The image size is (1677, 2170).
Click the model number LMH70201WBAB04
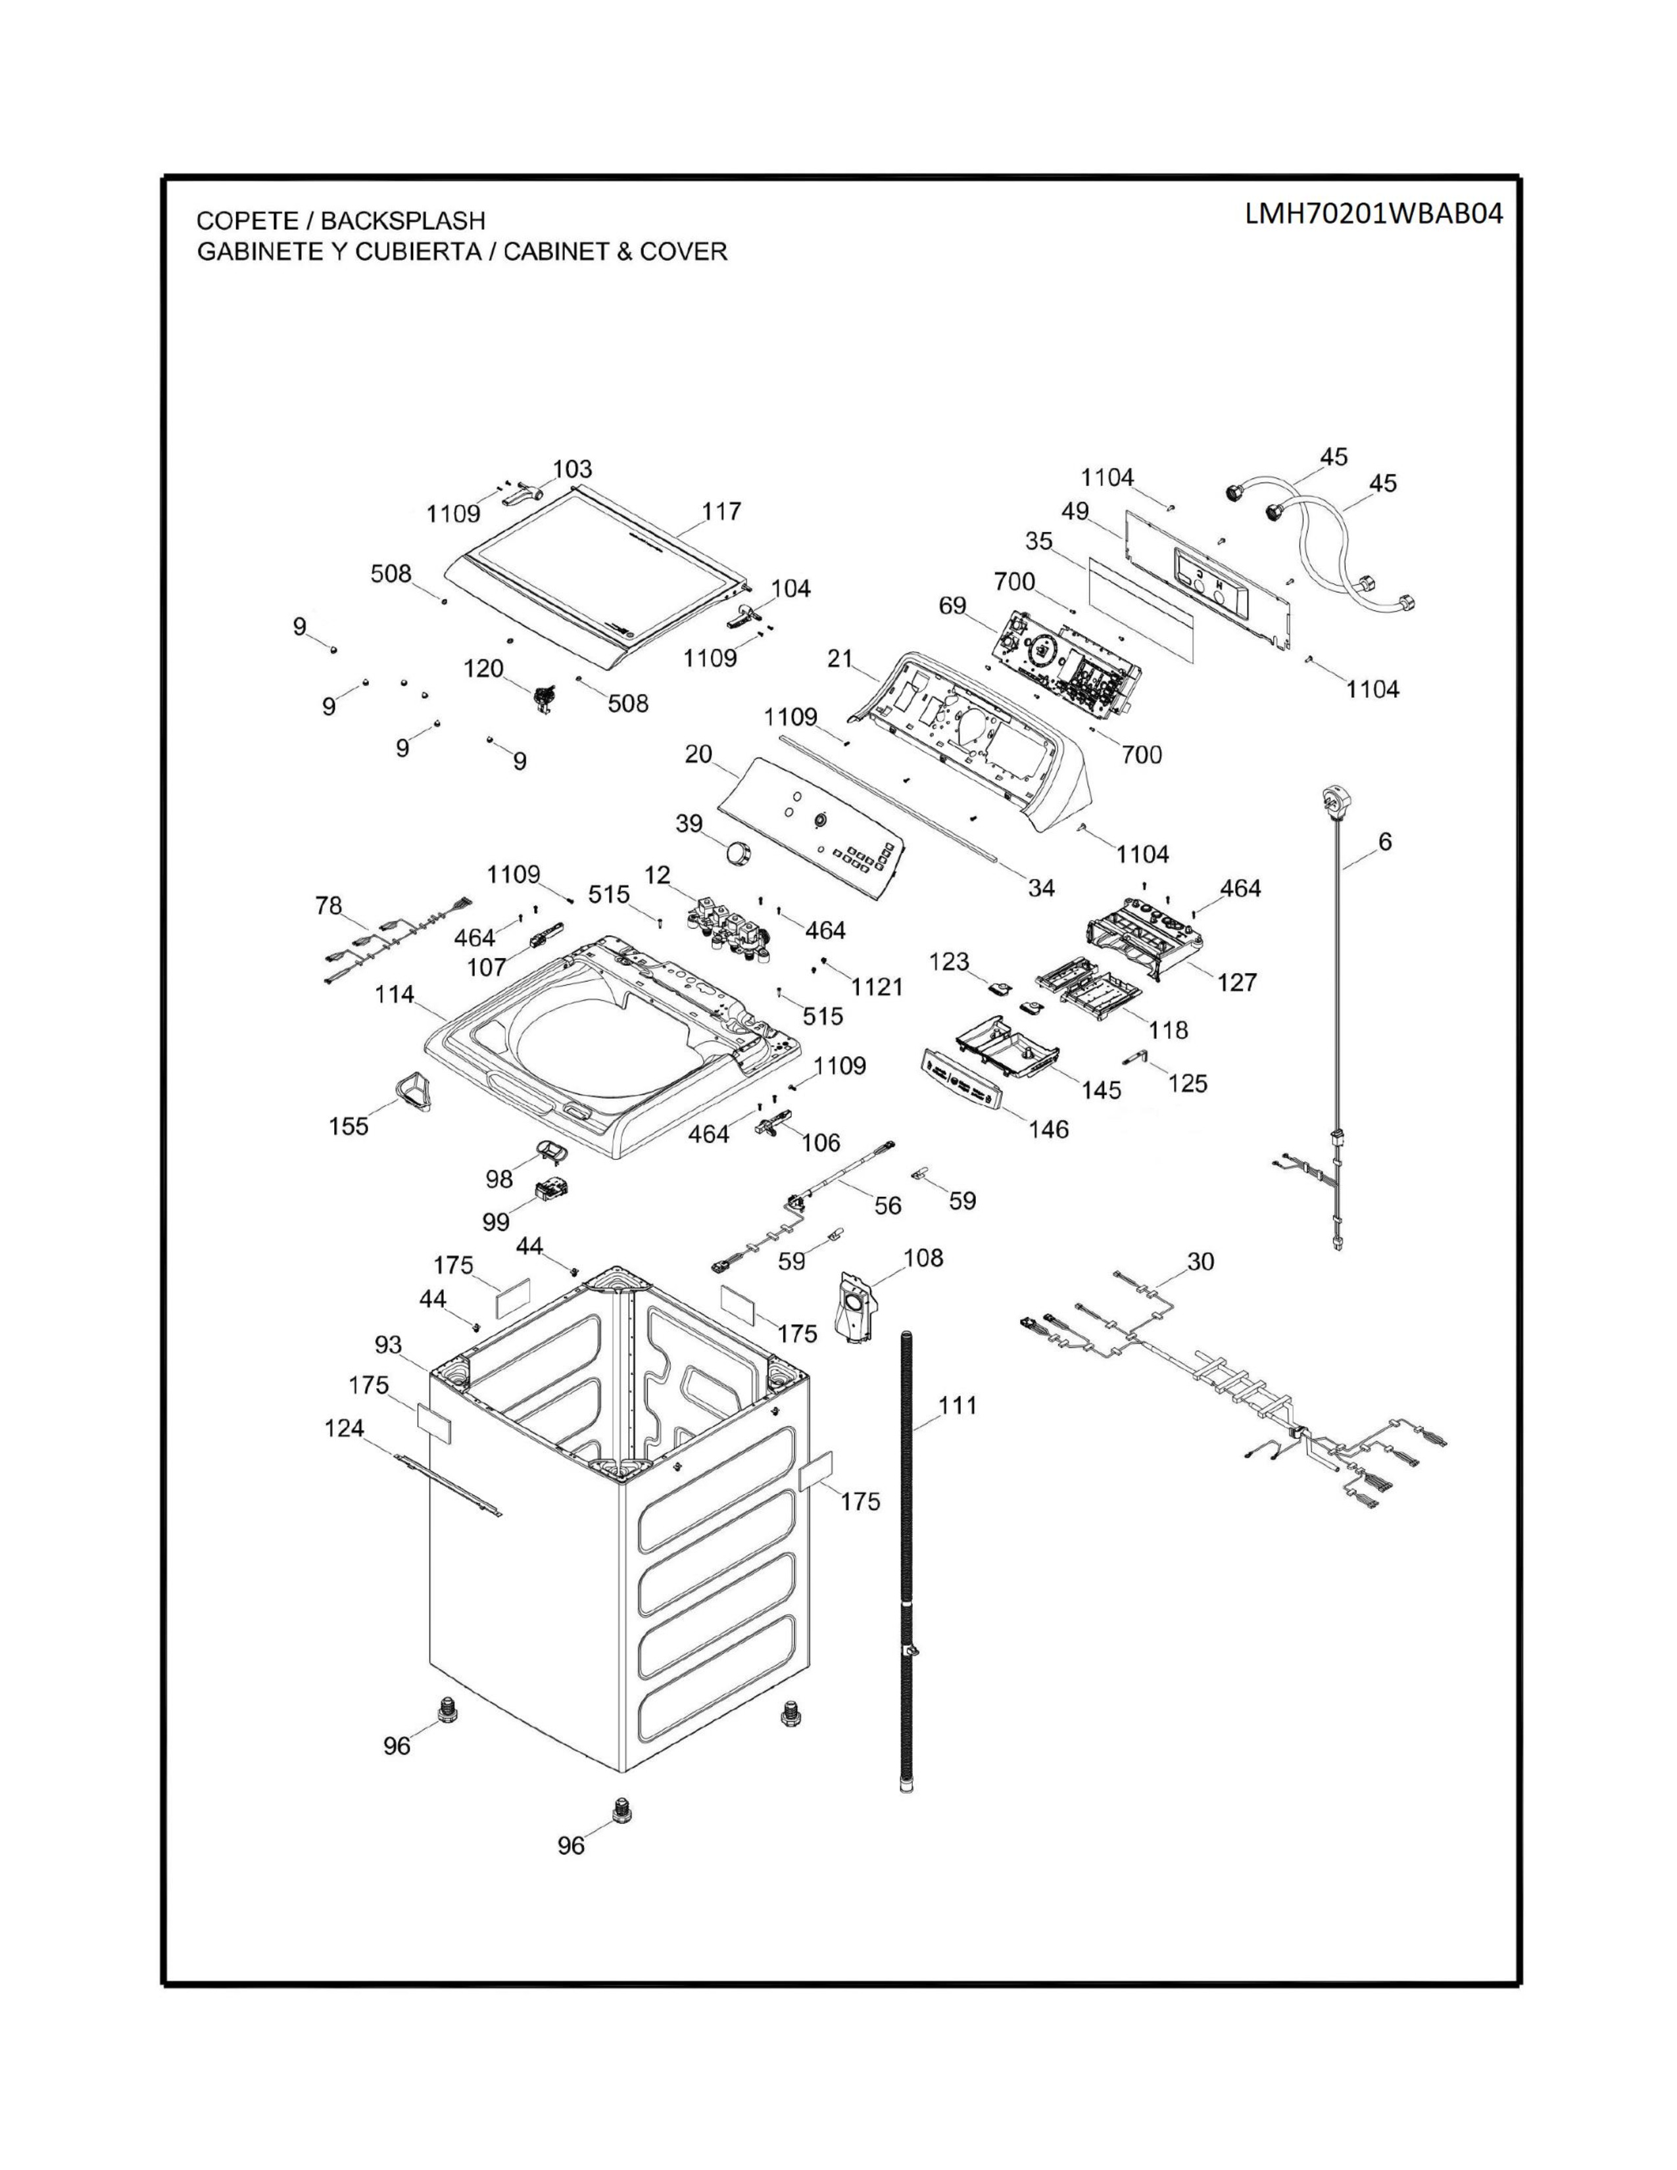1374,214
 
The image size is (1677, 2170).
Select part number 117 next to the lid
721,511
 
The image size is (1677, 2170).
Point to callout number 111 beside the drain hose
958,1405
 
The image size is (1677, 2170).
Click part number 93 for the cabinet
389,1344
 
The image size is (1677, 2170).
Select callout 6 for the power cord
1385,842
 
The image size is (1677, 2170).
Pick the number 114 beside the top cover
395,994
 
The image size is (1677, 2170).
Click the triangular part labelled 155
408,1089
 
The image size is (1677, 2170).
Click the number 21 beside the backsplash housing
840,658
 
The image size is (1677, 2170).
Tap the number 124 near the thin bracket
345,1428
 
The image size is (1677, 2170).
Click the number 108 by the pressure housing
923,1258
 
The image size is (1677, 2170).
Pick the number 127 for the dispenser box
1237,982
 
